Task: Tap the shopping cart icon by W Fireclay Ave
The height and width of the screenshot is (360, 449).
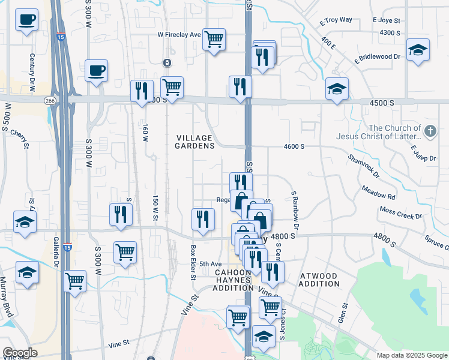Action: (x=214, y=40)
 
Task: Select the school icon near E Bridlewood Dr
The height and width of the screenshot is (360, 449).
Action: (x=418, y=50)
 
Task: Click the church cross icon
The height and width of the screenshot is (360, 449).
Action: (x=430, y=131)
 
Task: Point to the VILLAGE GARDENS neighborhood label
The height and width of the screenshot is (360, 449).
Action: (x=195, y=142)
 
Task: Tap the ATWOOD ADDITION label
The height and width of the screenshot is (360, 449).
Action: (x=318, y=280)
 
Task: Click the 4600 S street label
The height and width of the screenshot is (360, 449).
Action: (x=294, y=146)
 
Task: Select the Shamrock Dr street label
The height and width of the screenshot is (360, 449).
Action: (x=363, y=166)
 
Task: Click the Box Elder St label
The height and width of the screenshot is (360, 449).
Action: (x=193, y=262)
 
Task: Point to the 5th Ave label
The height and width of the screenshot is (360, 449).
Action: (x=211, y=264)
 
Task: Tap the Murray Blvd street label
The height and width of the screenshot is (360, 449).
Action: (x=7, y=298)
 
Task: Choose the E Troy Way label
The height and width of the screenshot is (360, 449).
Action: (x=336, y=20)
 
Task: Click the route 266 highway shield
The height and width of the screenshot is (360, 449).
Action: (x=50, y=101)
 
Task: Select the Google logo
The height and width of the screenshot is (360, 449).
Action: (x=20, y=353)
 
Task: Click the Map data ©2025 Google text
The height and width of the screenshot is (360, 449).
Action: (x=411, y=355)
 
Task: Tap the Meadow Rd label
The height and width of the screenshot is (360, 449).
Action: (x=378, y=193)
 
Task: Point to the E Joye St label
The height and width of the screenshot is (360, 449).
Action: (x=386, y=20)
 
